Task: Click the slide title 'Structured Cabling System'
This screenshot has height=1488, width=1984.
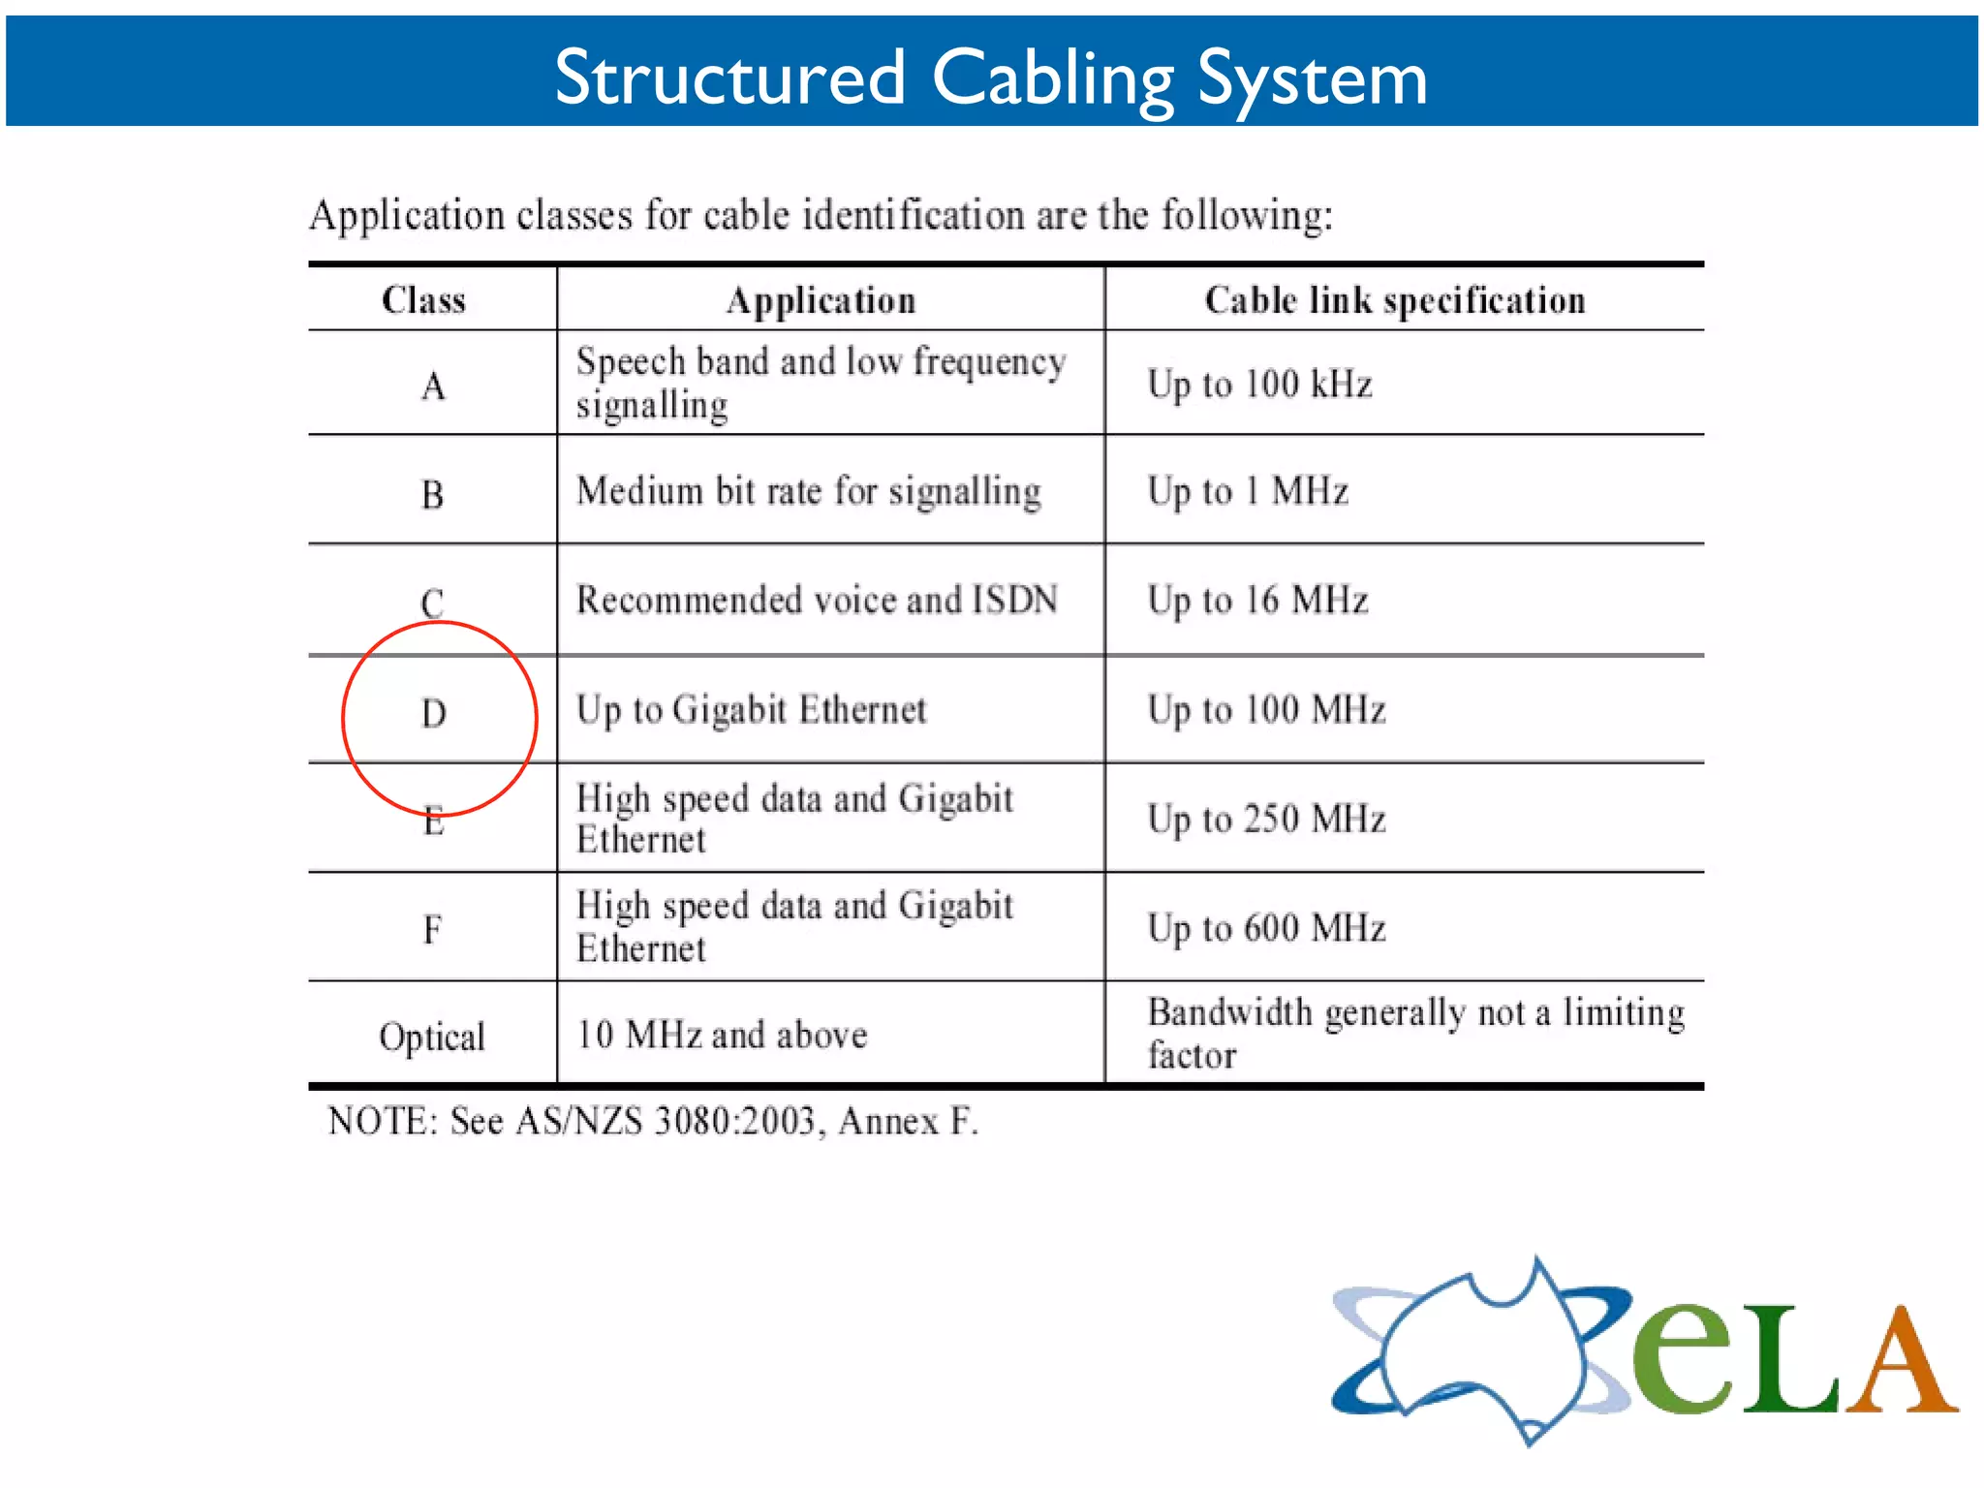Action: click(x=990, y=77)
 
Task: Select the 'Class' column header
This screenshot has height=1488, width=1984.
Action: click(x=423, y=300)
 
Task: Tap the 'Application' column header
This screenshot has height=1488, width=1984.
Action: click(x=821, y=300)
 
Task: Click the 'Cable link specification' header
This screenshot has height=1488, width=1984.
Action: click(x=1395, y=300)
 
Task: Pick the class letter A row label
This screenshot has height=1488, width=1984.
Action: click(x=433, y=387)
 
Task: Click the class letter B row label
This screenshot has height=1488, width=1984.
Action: click(x=432, y=495)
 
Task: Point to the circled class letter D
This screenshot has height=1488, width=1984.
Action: click(x=434, y=714)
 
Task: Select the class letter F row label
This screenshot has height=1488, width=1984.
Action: click(x=432, y=930)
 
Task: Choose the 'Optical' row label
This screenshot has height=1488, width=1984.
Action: click(x=432, y=1037)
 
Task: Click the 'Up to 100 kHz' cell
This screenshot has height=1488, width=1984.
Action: click(x=1259, y=385)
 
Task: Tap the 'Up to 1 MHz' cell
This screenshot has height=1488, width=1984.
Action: click(x=1248, y=491)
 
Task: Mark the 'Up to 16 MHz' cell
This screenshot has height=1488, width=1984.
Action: click(x=1257, y=601)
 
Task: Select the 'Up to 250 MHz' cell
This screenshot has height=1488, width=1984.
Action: click(x=1266, y=820)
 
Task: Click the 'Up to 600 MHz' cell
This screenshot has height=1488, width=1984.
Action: click(x=1266, y=928)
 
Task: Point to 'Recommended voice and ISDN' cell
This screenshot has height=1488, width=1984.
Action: click(x=817, y=601)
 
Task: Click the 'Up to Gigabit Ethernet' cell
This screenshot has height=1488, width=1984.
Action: click(x=752, y=710)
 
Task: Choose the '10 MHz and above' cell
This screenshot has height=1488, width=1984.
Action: click(x=722, y=1035)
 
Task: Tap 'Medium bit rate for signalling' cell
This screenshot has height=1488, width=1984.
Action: click(x=809, y=491)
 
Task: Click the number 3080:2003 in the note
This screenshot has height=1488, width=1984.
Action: click(x=735, y=1121)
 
